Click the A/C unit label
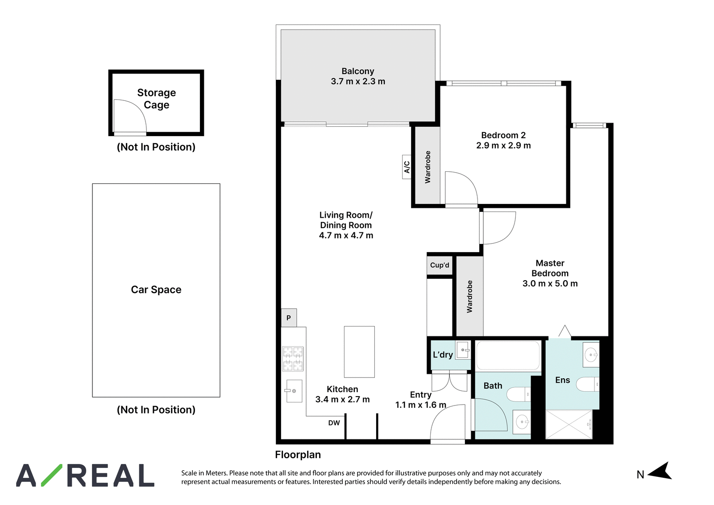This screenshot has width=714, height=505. pos(407,167)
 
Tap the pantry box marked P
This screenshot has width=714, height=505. pos(289,318)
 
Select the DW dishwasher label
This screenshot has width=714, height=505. pos(334,423)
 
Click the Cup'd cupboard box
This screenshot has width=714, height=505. pos(440,265)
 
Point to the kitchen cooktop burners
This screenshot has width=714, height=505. pos(293,359)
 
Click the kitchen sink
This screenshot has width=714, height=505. pos(294,391)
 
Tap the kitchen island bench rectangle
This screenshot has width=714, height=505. pos(359,352)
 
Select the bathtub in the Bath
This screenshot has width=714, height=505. pos(508,356)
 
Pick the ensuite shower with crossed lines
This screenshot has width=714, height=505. pos(569,425)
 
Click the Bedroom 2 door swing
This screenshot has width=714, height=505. pos(461,188)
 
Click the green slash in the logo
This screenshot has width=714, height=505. pos(52,476)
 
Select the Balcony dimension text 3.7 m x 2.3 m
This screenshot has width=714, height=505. pos(358,82)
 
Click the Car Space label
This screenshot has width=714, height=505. pos(156,290)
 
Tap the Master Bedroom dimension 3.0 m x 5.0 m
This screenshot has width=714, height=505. pos(550,284)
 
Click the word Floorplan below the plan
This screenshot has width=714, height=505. pos(298,455)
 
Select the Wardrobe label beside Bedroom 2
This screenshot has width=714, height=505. pos(428,167)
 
